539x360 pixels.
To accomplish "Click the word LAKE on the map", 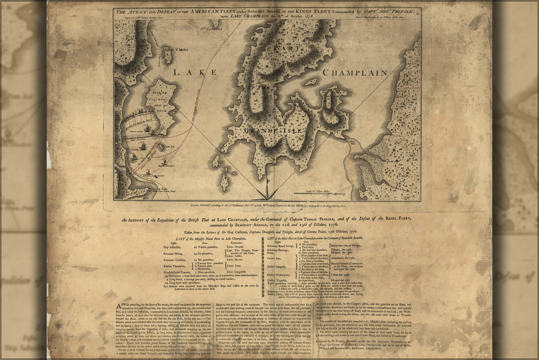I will click(x=188, y=73).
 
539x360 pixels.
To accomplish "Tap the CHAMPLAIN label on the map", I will click(x=355, y=73).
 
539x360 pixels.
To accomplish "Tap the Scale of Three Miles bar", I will click(x=315, y=193).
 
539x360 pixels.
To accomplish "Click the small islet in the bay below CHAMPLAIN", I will click(x=310, y=82).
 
